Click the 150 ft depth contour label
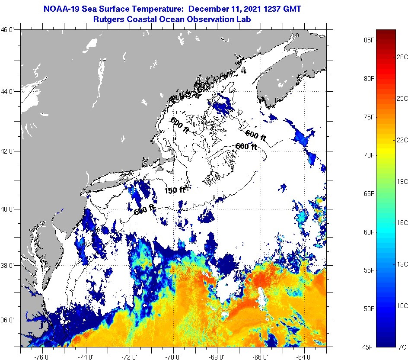tap(175, 190)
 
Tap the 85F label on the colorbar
tap(369, 41)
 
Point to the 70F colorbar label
tap(369, 155)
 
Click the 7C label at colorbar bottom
tap(402, 347)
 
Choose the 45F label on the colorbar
tap(369, 347)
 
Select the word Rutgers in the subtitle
tap(108, 19)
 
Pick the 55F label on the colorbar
tap(369, 270)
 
